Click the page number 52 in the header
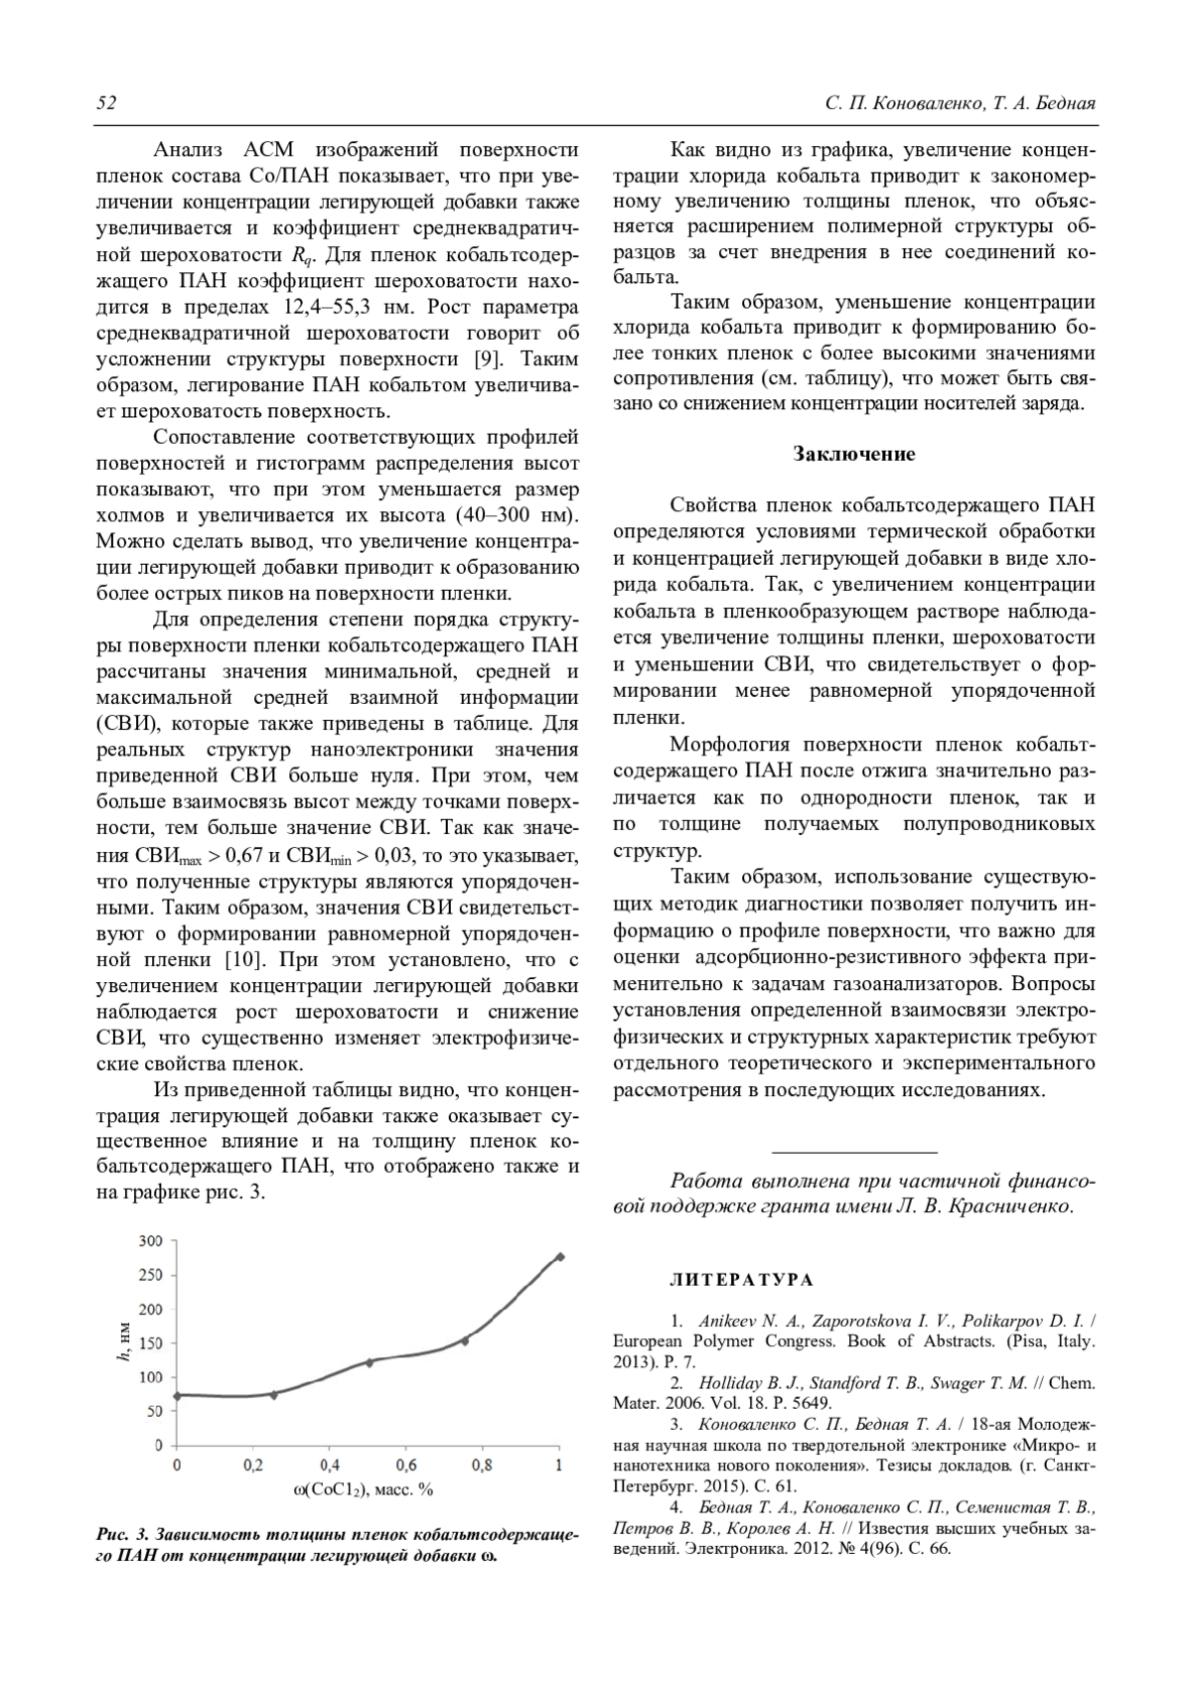pos(106,104)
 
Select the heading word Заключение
pos(853,454)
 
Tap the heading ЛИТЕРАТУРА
pos(741,1280)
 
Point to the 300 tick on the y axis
pos(151,1240)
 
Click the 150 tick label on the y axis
pos(151,1342)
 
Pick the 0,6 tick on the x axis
pos(406,1465)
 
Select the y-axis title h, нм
pos(121,1342)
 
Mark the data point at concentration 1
pos(559,1256)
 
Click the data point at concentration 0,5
pos(369,1362)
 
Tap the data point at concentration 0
pos(177,1395)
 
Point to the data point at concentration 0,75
pos(464,1340)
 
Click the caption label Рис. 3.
pos(122,1536)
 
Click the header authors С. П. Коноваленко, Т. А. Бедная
pos(960,104)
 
